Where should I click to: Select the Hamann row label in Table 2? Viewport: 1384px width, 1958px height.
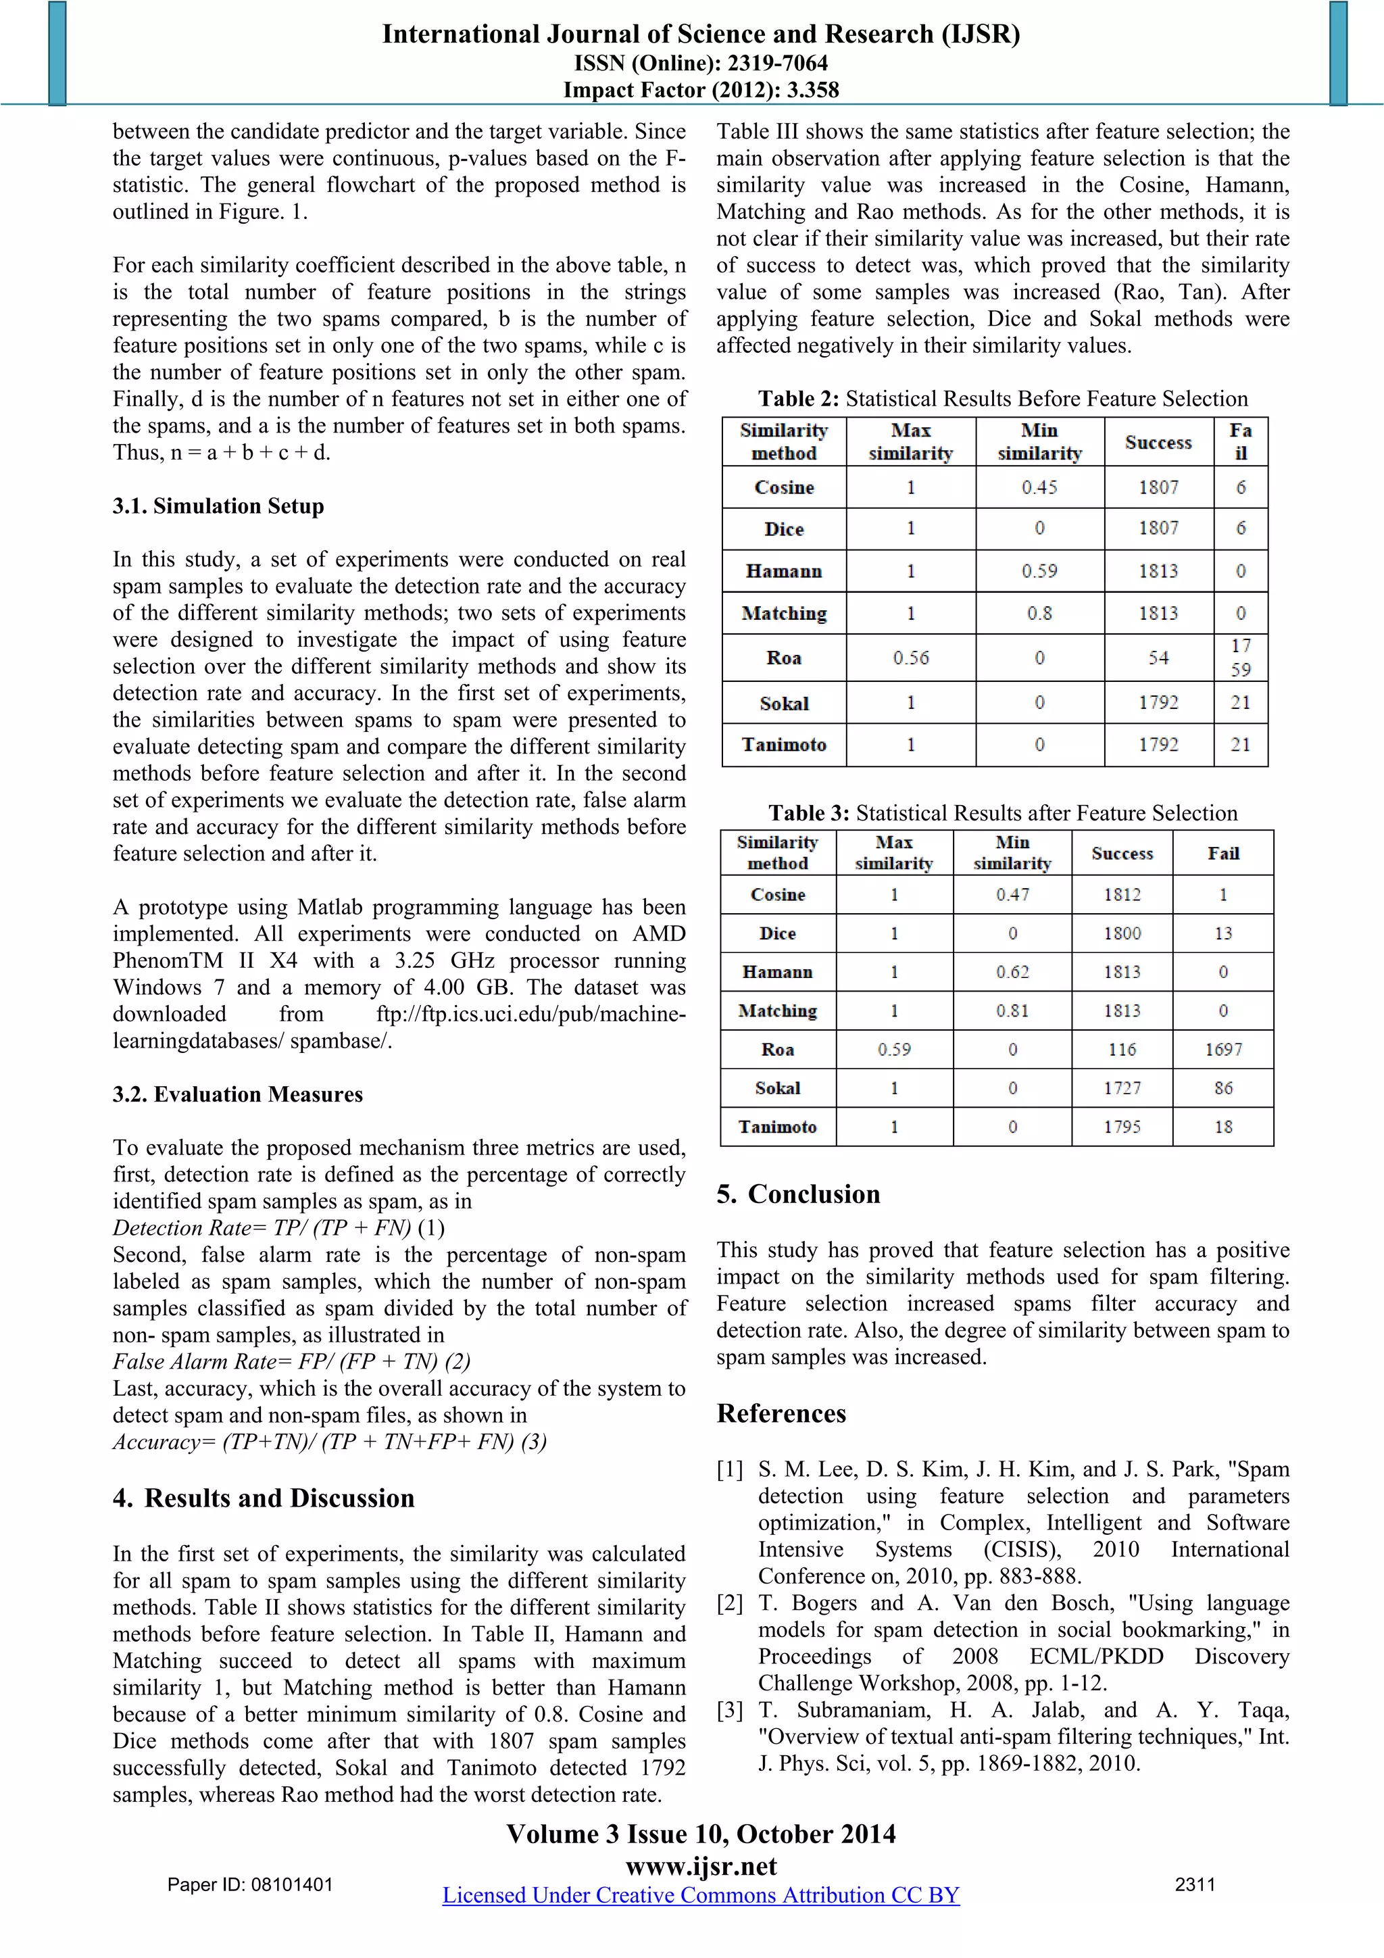click(x=784, y=570)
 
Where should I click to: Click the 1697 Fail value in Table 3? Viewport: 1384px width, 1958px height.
click(x=1223, y=1049)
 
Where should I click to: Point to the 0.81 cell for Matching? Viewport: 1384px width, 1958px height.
click(x=1012, y=1010)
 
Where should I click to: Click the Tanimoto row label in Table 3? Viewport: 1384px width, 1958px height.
click(x=777, y=1127)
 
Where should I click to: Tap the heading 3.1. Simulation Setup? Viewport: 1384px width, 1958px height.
click(x=218, y=506)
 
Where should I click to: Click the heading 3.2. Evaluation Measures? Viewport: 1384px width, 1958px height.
click(x=238, y=1094)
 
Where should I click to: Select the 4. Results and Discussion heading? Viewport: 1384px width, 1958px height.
click(x=264, y=1498)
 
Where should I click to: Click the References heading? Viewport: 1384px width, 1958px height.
click(x=781, y=1413)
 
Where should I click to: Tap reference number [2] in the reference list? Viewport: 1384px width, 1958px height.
click(x=730, y=1602)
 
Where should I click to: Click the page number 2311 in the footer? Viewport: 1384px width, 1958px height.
click(x=1195, y=1884)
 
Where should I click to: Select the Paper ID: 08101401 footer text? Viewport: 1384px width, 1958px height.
click(x=250, y=1884)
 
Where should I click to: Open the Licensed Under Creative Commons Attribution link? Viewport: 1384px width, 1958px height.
click(x=700, y=1895)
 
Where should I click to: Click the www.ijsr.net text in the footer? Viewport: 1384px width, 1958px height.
click(x=701, y=1866)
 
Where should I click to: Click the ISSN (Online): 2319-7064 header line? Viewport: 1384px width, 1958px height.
click(x=701, y=62)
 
